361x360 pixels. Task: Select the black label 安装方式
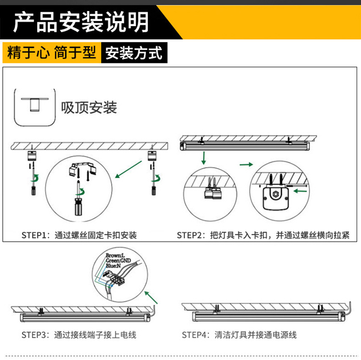[133, 53]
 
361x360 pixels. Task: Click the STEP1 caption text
[79, 235]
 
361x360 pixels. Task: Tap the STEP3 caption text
[78, 335]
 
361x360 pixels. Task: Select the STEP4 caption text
[239, 335]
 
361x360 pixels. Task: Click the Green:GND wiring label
[118, 261]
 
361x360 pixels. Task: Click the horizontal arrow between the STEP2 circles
[246, 165]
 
